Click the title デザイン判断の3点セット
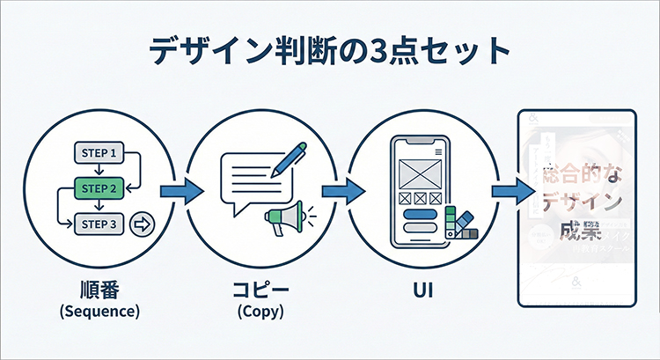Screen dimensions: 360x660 (330, 52)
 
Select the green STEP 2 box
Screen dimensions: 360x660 (98, 187)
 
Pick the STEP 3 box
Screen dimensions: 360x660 (98, 223)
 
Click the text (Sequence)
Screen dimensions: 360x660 (99, 311)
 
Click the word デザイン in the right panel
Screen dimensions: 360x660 (577, 202)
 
